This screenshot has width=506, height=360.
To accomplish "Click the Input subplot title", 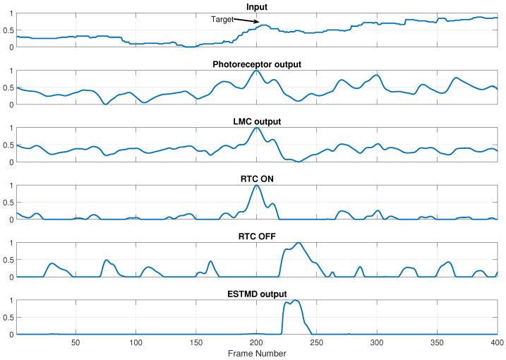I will tap(257, 7).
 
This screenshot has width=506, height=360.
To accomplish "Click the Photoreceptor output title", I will tap(257, 65).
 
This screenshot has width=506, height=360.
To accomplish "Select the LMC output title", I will tap(257, 122).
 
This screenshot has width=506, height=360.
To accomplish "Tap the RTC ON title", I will tap(257, 179).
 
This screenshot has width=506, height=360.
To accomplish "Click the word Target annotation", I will tap(223, 20).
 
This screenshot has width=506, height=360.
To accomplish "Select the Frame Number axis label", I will tap(257, 353).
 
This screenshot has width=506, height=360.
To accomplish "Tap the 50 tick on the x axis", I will tap(76, 342).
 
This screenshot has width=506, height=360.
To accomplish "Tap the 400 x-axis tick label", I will tap(496, 342).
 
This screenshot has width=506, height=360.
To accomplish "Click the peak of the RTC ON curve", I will tap(257, 185).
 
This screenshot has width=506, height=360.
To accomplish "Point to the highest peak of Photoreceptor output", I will tap(256, 71).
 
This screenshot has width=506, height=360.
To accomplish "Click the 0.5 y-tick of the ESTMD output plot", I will tap(8, 318).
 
